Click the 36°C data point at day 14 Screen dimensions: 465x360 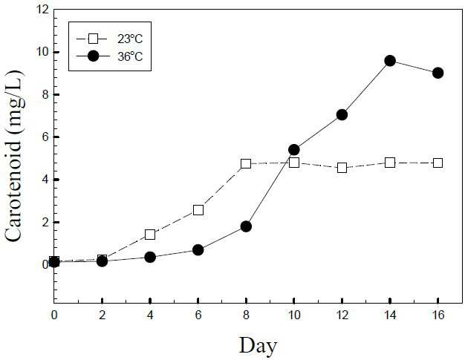(390, 61)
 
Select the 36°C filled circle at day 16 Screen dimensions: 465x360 (438, 73)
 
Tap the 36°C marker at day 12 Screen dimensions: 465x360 (342, 114)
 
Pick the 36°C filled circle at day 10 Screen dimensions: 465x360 (294, 150)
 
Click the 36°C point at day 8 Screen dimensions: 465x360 (246, 226)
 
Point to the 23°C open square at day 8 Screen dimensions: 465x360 (246, 163)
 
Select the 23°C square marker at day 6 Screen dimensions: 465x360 (198, 210)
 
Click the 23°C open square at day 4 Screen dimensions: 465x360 (150, 235)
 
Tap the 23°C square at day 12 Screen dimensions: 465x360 (342, 168)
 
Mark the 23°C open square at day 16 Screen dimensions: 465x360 (438, 163)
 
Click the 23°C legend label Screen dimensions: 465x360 (130, 39)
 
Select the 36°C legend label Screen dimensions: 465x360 (130, 56)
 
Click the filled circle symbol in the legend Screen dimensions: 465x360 (94, 56)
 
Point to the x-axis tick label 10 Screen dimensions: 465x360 (294, 315)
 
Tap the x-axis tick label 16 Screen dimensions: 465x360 (438, 315)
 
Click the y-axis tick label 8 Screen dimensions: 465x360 (46, 95)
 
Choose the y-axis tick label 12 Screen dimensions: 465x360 (42, 10)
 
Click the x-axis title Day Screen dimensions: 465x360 (258, 346)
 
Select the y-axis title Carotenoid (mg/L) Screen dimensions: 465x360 (13, 156)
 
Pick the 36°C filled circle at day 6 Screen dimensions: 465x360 (198, 250)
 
